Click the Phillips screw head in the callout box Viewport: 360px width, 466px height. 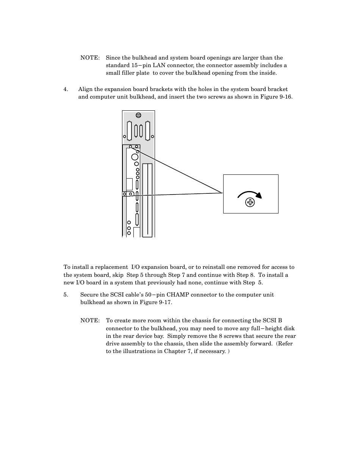tap(250, 202)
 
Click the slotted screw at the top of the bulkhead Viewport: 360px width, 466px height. tap(138, 115)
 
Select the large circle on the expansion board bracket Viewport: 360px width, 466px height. tap(135, 157)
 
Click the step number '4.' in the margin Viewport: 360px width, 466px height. tap(66, 89)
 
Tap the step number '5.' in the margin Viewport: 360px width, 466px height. tap(66, 295)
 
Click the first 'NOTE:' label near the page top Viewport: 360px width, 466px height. tap(90, 58)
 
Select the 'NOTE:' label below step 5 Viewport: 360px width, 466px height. tap(90, 320)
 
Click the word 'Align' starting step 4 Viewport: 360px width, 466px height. tap(85, 89)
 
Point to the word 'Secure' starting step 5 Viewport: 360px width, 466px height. tap(89, 295)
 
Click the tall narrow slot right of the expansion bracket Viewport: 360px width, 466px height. tap(147, 200)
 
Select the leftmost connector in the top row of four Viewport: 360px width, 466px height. tap(130, 130)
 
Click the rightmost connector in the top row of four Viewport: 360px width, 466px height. tap(147, 130)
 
